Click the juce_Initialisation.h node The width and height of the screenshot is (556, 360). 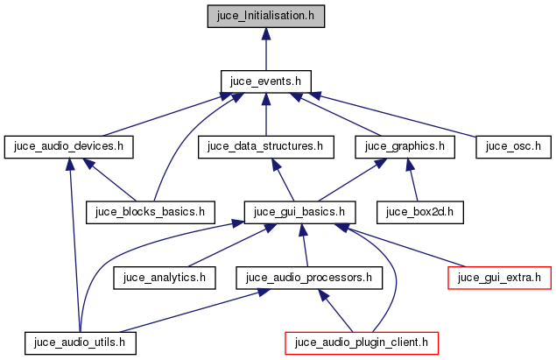pyautogui.click(x=265, y=15)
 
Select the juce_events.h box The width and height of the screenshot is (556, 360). pyautogui.click(x=265, y=81)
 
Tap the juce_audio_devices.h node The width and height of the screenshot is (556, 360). pyautogui.click(x=69, y=146)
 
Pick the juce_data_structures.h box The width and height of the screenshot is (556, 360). pyautogui.click(x=266, y=146)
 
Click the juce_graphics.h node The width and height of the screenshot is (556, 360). pyautogui.click(x=405, y=146)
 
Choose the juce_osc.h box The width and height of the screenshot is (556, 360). pyautogui.click(x=512, y=146)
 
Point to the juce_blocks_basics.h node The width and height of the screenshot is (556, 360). pyautogui.click(x=150, y=211)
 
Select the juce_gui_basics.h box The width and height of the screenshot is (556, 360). pyautogui.click(x=299, y=211)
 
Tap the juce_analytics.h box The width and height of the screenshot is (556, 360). pyautogui.click(x=165, y=278)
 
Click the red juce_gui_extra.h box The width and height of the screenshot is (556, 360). pyautogui.click(x=499, y=278)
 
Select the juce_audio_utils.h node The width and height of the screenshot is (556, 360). pyautogui.click(x=81, y=342)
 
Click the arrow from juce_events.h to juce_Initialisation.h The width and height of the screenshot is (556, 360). pyautogui.click(x=265, y=47)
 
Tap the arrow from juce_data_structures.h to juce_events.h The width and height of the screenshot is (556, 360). pyautogui.click(x=265, y=114)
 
